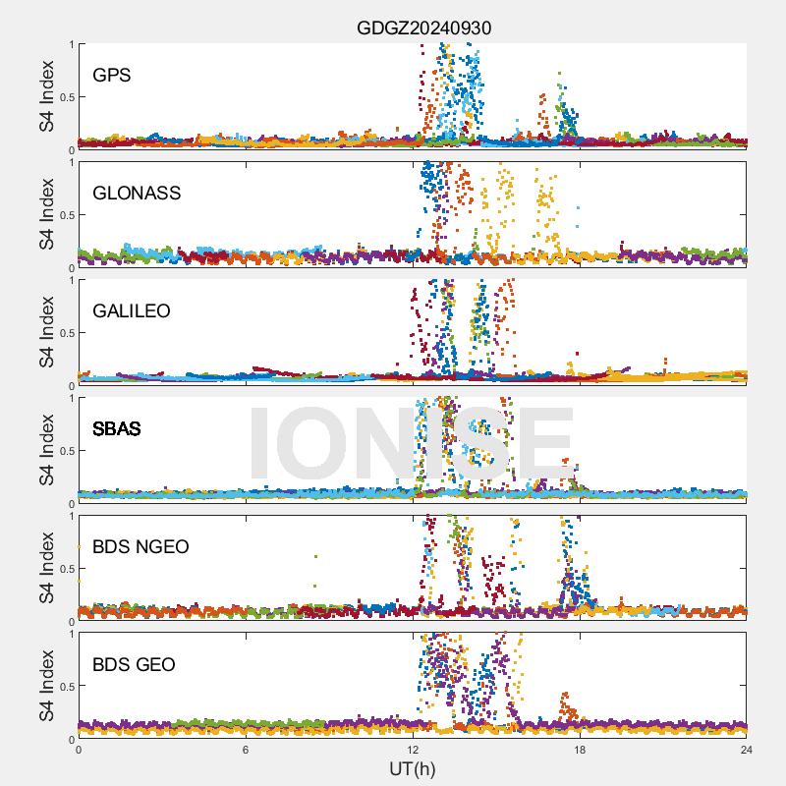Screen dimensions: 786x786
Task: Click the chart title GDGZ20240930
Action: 423,28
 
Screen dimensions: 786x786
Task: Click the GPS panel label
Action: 111,75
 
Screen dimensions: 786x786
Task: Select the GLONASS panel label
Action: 137,193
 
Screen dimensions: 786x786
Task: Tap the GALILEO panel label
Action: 132,310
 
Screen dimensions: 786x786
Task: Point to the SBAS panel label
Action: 117,428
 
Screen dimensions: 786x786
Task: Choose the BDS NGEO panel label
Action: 140,546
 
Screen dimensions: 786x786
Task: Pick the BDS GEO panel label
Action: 134,664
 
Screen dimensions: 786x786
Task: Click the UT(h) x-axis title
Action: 413,767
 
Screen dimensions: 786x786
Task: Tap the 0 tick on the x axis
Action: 79,750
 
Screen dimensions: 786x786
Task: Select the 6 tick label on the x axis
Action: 246,750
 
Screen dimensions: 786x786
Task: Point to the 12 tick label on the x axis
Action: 413,750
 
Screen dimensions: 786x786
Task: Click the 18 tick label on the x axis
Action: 580,750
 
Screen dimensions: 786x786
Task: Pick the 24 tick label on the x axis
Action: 747,750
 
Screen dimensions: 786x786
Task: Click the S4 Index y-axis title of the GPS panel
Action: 46,96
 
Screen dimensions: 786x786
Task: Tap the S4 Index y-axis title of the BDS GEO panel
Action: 46,686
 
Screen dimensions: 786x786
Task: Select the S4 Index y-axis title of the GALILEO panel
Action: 46,332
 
